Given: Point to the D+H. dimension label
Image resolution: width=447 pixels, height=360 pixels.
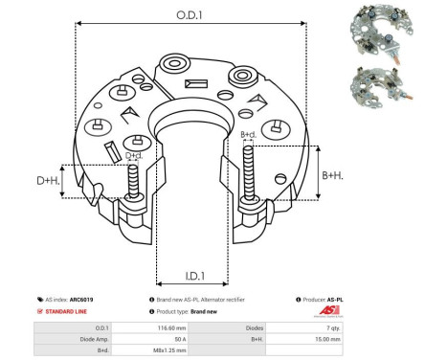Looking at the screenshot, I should (x=48, y=180).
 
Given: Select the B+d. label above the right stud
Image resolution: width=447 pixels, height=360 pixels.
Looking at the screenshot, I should (x=247, y=134).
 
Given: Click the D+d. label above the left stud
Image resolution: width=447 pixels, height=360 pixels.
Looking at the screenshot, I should (x=134, y=154).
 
